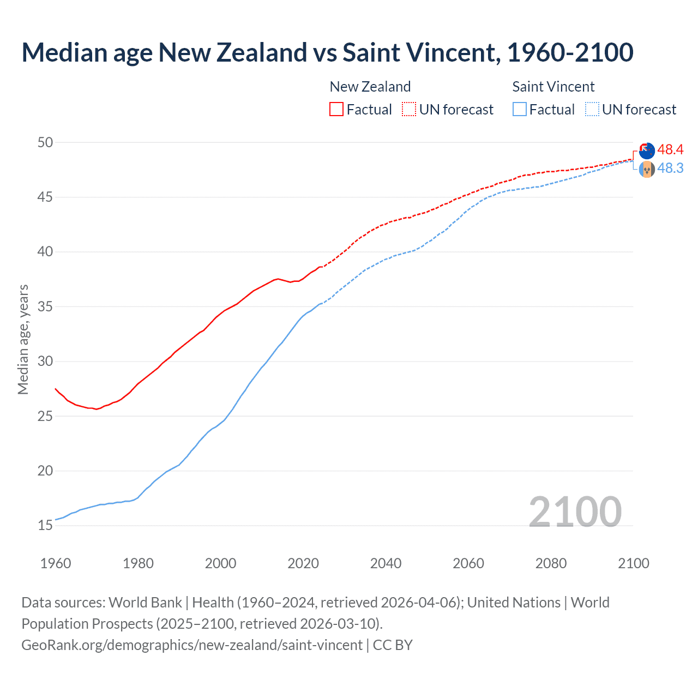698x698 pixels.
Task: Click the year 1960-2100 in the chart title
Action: [570, 53]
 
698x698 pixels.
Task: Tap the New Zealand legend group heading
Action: [370, 87]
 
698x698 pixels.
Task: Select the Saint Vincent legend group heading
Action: [553, 87]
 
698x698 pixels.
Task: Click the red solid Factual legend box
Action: [336, 109]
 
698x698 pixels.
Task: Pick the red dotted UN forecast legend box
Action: [409, 109]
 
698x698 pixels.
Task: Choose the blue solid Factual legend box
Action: [520, 109]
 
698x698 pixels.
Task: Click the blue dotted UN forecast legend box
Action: [592, 109]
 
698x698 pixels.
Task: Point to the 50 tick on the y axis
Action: [45, 142]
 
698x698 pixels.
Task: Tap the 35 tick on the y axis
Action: [45, 306]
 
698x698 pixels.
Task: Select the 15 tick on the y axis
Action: [45, 526]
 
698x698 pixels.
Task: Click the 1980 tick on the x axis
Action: [138, 563]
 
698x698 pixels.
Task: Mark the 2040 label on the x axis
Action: [386, 563]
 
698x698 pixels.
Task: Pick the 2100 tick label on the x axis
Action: [633, 563]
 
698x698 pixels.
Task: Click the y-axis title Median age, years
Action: [23, 339]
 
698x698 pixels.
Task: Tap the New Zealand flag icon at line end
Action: [647, 151]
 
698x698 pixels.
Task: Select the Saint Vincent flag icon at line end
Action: [647, 170]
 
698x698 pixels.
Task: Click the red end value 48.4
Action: [670, 149]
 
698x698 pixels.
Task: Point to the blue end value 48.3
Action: [670, 169]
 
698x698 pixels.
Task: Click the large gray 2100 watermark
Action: [575, 512]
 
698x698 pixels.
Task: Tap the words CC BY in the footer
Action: [393, 645]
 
